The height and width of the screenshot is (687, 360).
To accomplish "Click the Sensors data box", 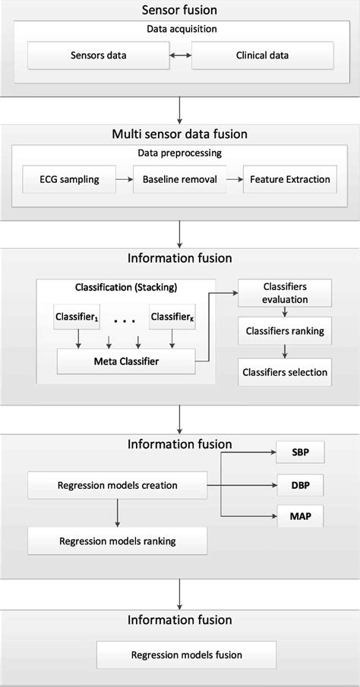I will pyautogui.click(x=99, y=55).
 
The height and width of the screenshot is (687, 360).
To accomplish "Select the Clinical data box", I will pyautogui.click(x=262, y=55).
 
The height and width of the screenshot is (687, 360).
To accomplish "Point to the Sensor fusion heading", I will pyautogui.click(x=180, y=10).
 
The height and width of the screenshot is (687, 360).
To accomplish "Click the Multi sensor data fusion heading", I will pyautogui.click(x=180, y=135).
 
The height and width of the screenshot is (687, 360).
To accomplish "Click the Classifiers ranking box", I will pyautogui.click(x=285, y=331).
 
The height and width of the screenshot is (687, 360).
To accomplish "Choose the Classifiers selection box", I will pyautogui.click(x=285, y=371).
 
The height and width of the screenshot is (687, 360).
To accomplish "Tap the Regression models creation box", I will pyautogui.click(x=117, y=485).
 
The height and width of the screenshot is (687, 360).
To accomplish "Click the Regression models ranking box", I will pyautogui.click(x=117, y=541).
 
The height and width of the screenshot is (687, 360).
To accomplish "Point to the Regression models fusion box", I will pyautogui.click(x=178, y=654).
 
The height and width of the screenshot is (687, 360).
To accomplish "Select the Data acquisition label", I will pyautogui.click(x=180, y=29).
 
